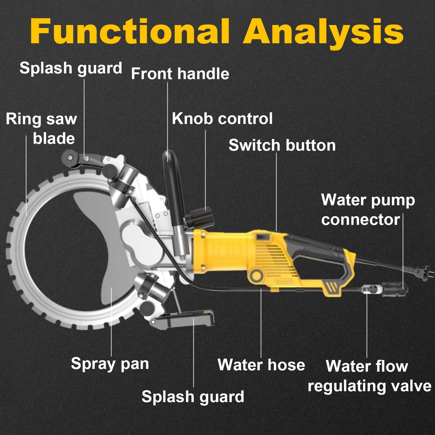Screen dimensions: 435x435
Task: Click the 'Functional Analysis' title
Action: pyautogui.click(x=217, y=32)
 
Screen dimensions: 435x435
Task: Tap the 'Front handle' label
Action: pyautogui.click(x=180, y=74)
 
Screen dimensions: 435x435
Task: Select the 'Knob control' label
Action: pyautogui.click(x=222, y=119)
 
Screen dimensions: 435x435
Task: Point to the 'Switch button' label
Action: pyautogui.click(x=282, y=145)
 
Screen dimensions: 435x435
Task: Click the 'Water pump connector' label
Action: pyautogui.click(x=368, y=210)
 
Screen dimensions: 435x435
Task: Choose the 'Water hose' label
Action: pyautogui.click(x=261, y=365)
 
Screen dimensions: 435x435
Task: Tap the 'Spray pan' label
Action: pyautogui.click(x=110, y=364)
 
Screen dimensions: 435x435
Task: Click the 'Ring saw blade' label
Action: pyautogui.click(x=41, y=129)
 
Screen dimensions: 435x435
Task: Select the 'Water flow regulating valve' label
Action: pyautogui.click(x=369, y=376)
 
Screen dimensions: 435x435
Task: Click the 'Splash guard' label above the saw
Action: pyautogui.click(x=71, y=68)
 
